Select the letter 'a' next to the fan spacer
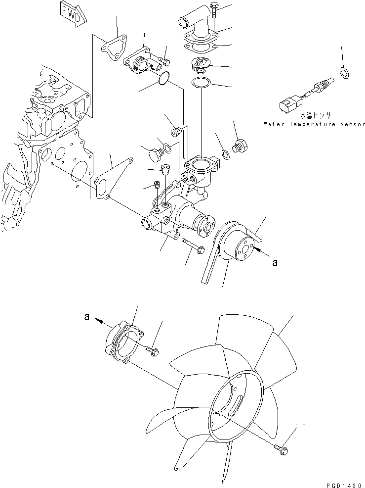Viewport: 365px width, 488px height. pyautogui.click(x=87, y=318)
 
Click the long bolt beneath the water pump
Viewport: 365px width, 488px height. pyautogui.click(x=193, y=246)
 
